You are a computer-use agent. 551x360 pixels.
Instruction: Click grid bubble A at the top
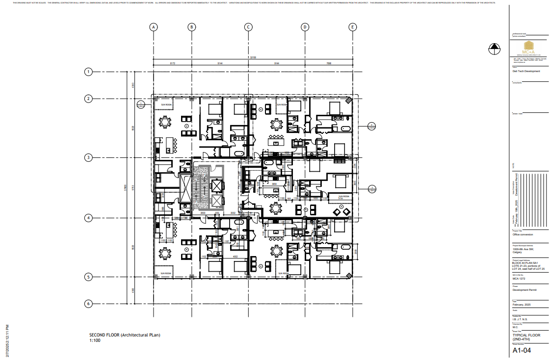click(154, 27)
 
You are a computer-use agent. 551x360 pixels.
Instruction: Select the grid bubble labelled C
click(249, 27)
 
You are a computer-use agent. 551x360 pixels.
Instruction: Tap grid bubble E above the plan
click(352, 27)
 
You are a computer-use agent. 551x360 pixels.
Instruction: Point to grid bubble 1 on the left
click(89, 72)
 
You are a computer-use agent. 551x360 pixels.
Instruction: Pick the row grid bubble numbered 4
click(89, 218)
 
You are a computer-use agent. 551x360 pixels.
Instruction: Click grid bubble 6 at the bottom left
click(89, 304)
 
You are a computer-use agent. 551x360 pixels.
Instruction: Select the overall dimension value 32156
click(253, 57)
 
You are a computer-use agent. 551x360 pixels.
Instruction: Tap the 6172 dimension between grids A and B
click(173, 63)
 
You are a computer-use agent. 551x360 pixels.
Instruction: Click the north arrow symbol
click(494, 49)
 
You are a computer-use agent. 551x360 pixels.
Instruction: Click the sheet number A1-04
click(522, 350)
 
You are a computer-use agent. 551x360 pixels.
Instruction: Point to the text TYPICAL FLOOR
click(526, 335)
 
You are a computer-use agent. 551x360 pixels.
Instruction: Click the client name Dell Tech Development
click(526, 71)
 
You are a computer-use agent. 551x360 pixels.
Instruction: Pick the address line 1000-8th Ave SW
click(522, 249)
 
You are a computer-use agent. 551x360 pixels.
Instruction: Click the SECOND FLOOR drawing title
click(125, 335)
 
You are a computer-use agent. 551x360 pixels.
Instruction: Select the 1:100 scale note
click(95, 340)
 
